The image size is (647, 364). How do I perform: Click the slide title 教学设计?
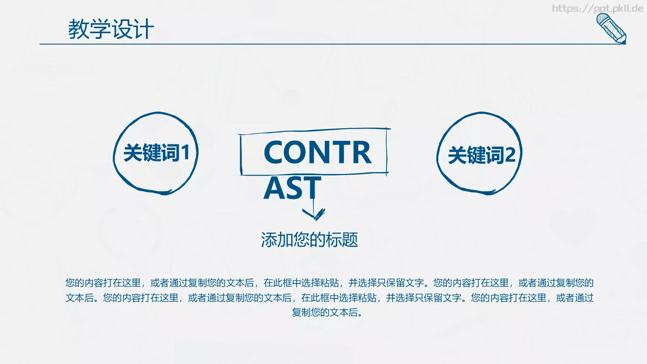tap(111, 29)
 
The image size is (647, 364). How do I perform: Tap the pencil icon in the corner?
tap(611, 28)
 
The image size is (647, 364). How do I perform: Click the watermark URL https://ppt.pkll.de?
tap(597, 8)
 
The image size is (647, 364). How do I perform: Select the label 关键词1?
tap(156, 153)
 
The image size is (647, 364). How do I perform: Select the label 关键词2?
tap(481, 155)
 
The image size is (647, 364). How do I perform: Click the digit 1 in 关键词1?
tap(185, 153)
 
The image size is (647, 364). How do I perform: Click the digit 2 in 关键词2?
tap(510, 155)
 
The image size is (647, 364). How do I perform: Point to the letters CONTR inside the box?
tap(317, 153)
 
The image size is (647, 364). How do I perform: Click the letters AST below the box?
tap(292, 188)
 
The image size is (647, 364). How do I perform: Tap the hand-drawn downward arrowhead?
tap(314, 214)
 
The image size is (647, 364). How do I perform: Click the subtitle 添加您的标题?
tap(309, 240)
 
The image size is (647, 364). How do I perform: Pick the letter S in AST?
tap(293, 188)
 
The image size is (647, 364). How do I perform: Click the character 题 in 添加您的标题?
tap(350, 240)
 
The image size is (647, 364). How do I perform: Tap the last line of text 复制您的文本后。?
tap(327, 312)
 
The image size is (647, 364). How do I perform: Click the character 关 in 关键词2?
tap(457, 155)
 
